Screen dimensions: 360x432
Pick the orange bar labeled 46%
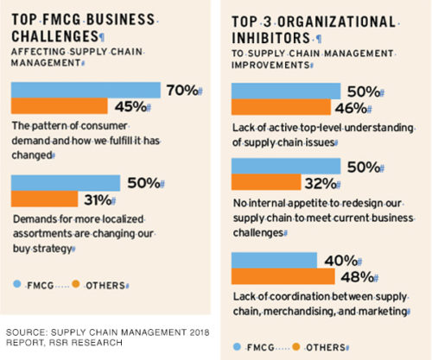(282, 106)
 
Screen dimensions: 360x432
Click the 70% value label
(181, 90)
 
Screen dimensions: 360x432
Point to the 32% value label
(320, 181)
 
